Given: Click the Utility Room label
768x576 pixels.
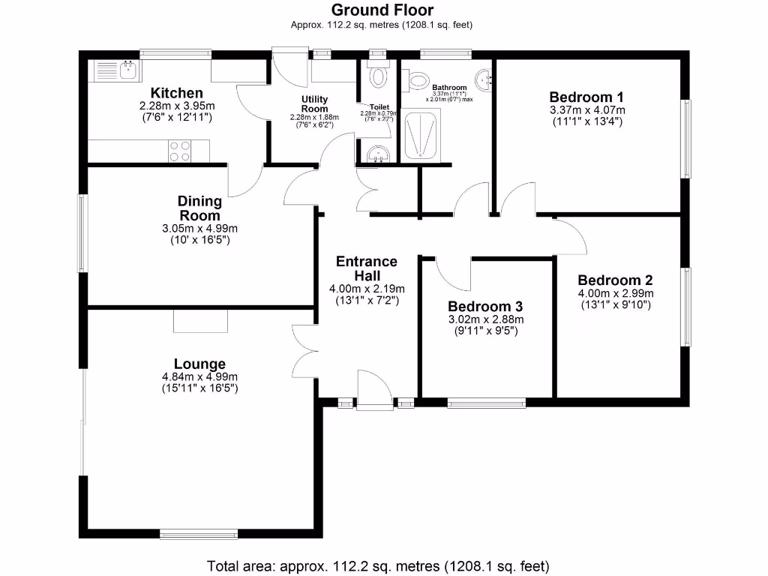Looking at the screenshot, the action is (x=315, y=103).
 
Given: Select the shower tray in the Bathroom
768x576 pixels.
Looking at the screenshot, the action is (x=424, y=135).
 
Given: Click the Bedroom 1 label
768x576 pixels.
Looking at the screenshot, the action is (x=586, y=97).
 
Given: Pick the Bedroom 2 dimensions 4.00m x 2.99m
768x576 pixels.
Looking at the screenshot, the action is (x=615, y=293).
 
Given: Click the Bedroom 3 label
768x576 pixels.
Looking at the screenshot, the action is (x=485, y=307).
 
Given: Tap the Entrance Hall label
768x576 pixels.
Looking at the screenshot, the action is (x=367, y=268).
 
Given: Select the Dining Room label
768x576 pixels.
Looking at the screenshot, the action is (x=199, y=208).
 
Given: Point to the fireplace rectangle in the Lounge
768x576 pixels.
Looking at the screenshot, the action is (x=200, y=320).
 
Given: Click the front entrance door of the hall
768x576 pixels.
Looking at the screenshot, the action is (x=373, y=390).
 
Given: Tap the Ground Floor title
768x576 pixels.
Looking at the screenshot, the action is (x=382, y=10).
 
